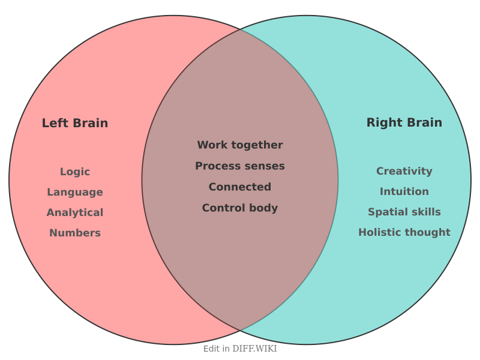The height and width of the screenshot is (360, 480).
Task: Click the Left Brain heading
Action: [x=75, y=123]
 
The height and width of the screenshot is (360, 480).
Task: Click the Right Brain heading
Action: [x=404, y=122]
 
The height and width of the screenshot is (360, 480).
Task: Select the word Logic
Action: [x=75, y=172]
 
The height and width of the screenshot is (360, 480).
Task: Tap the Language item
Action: [x=75, y=192]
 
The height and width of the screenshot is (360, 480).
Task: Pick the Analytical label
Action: [x=75, y=212]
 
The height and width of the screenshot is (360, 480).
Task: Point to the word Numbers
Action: [x=75, y=233]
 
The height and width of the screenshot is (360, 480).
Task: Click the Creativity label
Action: [x=404, y=171]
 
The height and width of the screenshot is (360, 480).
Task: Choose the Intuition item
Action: [x=404, y=191]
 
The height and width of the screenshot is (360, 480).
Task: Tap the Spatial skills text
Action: [x=404, y=212]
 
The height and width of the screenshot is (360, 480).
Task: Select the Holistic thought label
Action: [x=404, y=232]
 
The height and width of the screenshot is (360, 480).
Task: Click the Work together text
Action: [x=240, y=145]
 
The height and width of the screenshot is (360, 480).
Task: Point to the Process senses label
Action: [x=240, y=166]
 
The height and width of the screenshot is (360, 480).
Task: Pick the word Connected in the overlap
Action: [x=240, y=187]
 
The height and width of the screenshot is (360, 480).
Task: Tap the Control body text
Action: [x=240, y=208]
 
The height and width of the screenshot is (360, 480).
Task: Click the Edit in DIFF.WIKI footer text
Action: [x=240, y=349]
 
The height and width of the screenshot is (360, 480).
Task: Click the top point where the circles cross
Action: [x=240, y=29]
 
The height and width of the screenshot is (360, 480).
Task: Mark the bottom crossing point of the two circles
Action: [x=240, y=331]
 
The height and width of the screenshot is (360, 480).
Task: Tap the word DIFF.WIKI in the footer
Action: [x=255, y=349]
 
